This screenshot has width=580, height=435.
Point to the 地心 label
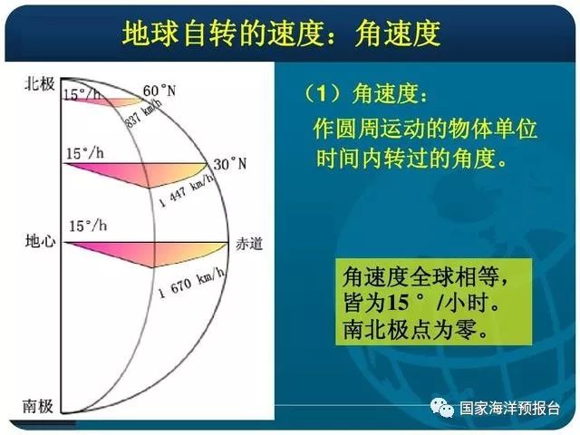[x=40, y=242]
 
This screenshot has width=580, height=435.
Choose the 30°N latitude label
[x=229, y=164]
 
